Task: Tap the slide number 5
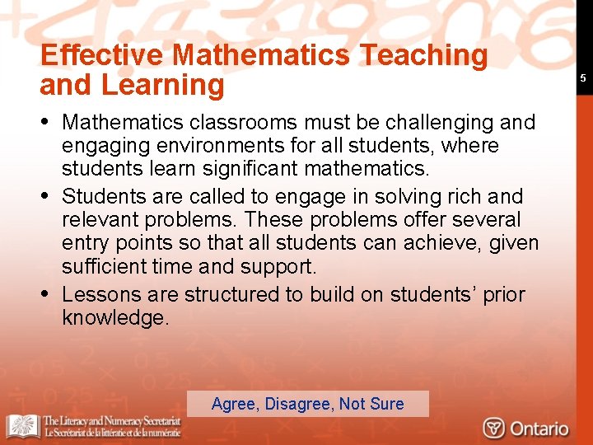click(x=582, y=78)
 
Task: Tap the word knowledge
click(x=115, y=318)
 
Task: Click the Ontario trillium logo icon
click(x=494, y=429)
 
